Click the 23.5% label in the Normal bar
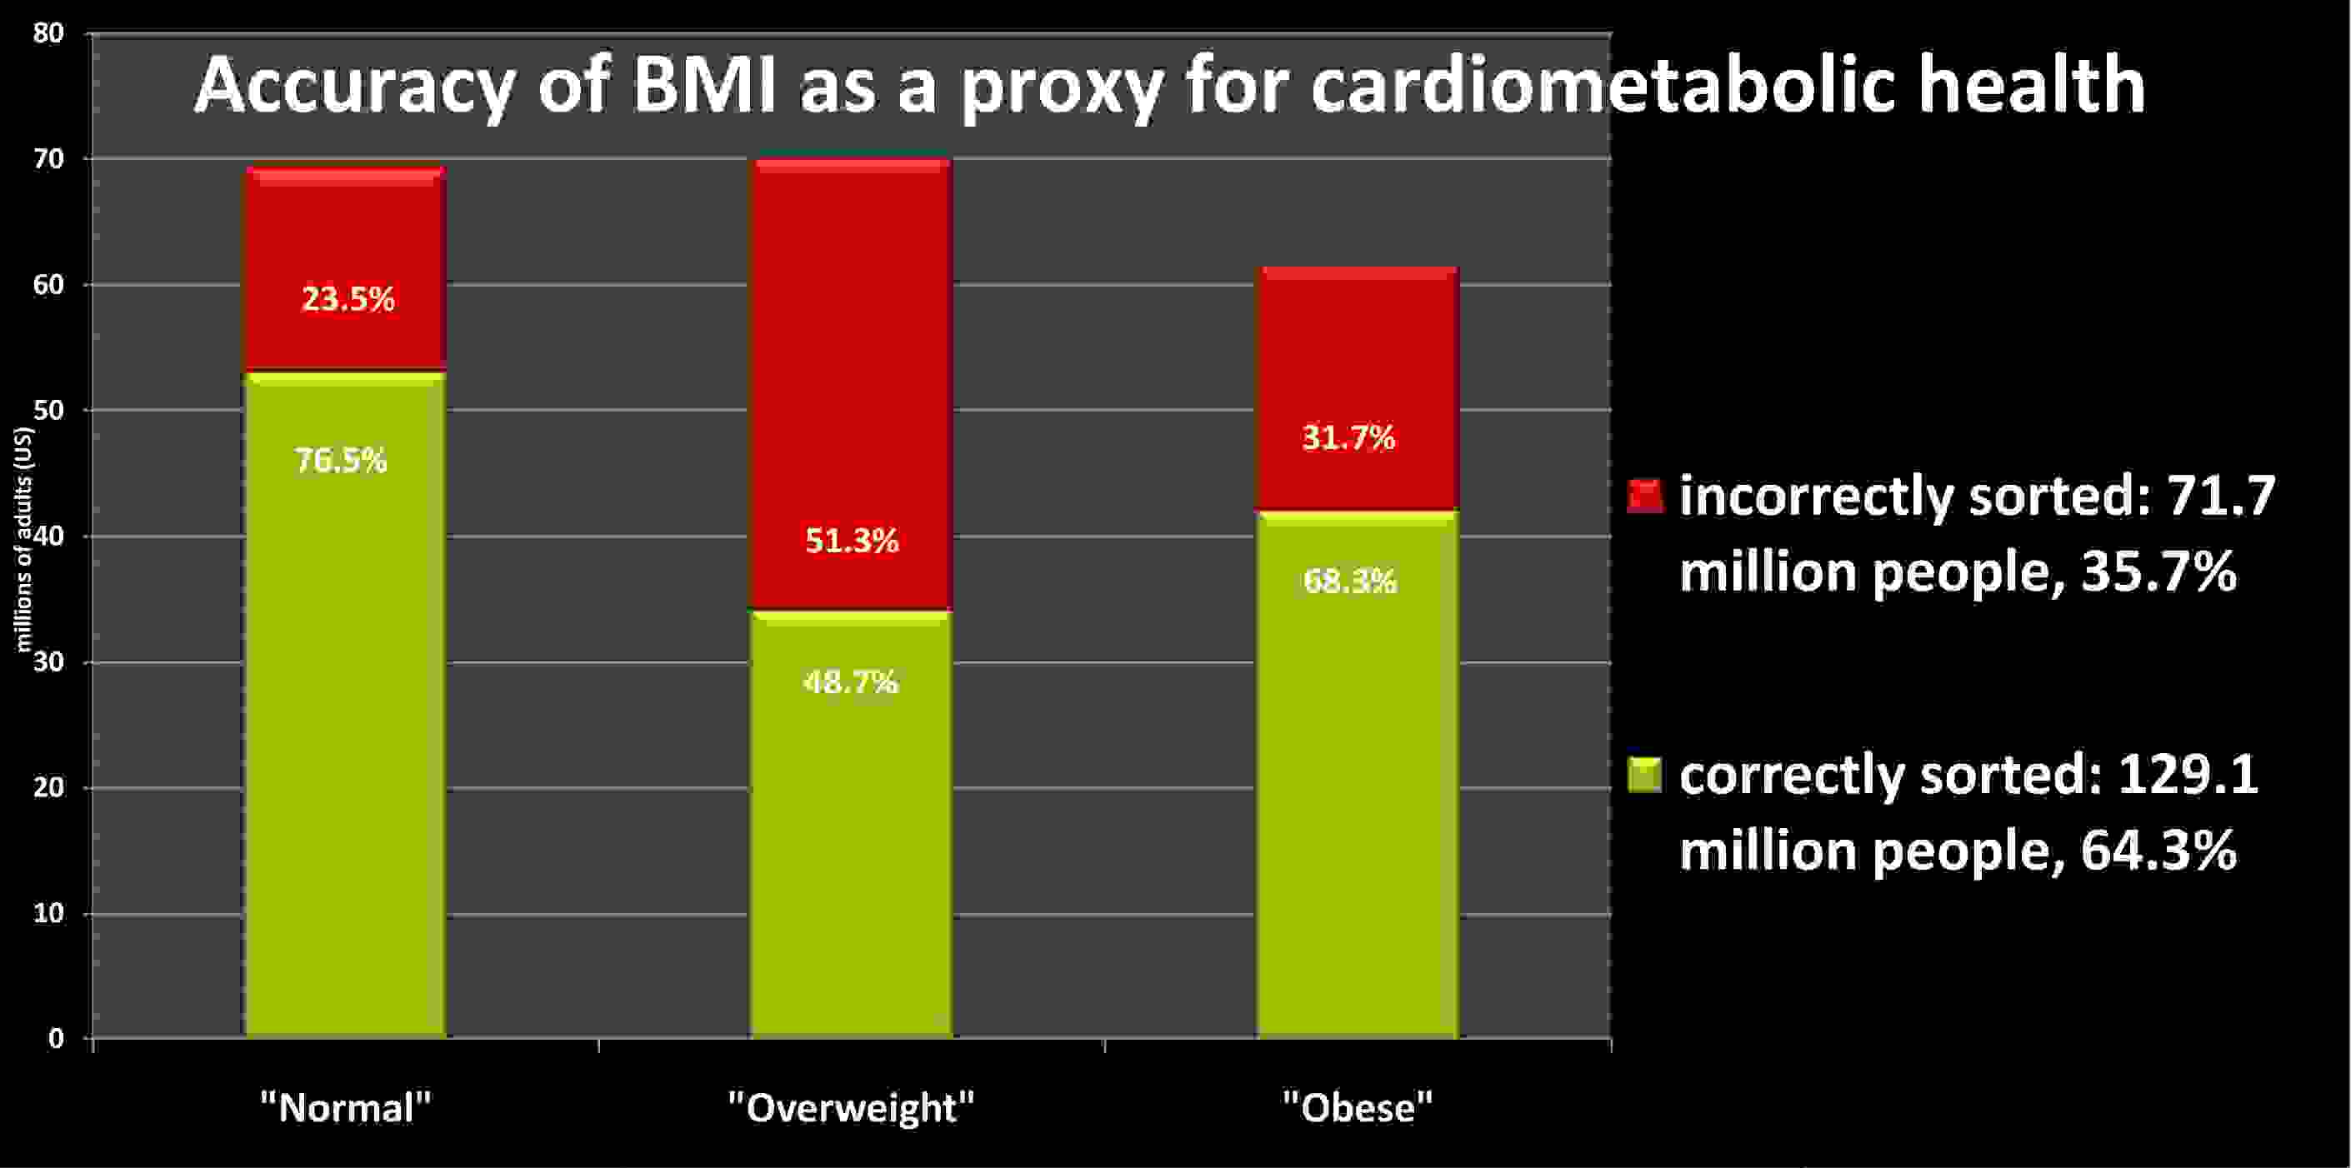click(x=348, y=299)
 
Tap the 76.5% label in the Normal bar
click(x=340, y=460)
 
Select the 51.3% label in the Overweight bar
click(x=852, y=542)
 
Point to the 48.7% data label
click(x=851, y=681)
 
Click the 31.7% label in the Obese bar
click(x=1348, y=439)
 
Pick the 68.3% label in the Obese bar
click(x=1349, y=582)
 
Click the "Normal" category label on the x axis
click(x=345, y=1108)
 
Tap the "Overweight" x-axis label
click(x=851, y=1108)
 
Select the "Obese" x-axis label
click(x=1357, y=1108)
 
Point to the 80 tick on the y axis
click(x=48, y=34)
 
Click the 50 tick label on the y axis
click(x=48, y=411)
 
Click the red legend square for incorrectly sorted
click(x=1644, y=497)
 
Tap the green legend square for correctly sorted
click(x=1644, y=775)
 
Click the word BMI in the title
click(x=703, y=87)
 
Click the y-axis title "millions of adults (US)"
click(x=25, y=538)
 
